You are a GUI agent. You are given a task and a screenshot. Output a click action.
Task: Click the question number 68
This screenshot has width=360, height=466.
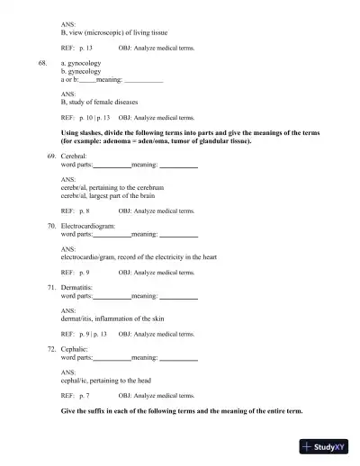tap(42, 66)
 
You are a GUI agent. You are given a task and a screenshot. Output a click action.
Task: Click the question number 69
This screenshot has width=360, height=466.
tap(51, 156)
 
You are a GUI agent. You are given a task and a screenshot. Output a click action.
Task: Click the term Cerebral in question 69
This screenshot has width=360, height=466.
tap(74, 156)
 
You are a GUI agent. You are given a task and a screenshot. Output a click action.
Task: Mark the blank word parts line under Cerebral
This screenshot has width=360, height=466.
tap(112, 167)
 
